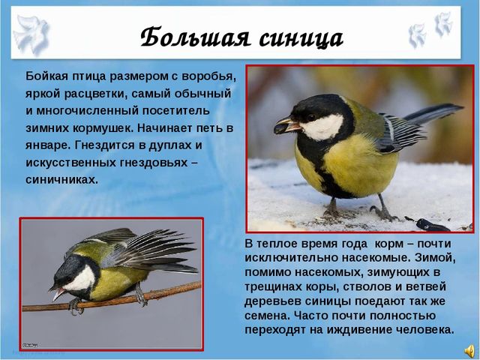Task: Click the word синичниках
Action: [x=61, y=179]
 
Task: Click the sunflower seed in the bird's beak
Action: [x=281, y=127]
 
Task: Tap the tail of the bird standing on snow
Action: [x=433, y=113]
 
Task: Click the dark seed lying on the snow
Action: [x=432, y=225]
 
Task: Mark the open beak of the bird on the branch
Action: [x=58, y=292]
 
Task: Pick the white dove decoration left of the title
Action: [x=31, y=34]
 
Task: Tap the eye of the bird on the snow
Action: [x=312, y=117]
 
